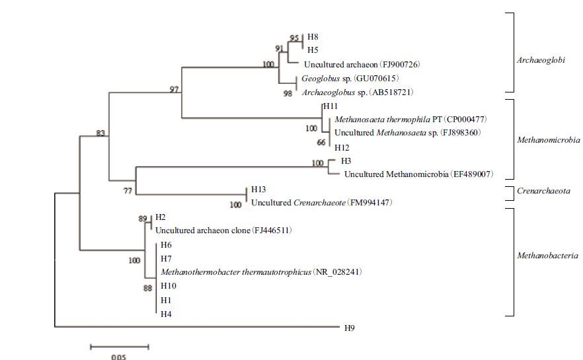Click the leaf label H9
click(350, 328)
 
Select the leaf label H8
click(313, 38)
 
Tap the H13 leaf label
click(258, 190)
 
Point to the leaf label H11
click(330, 106)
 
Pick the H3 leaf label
click(346, 161)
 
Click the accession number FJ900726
click(399, 65)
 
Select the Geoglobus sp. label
click(323, 79)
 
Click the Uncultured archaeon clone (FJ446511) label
click(223, 231)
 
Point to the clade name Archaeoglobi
click(541, 59)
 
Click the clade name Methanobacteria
click(548, 255)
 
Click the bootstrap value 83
click(100, 133)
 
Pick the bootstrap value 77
click(127, 190)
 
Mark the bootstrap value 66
click(321, 143)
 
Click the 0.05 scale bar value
click(118, 357)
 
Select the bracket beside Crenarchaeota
click(510, 192)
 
